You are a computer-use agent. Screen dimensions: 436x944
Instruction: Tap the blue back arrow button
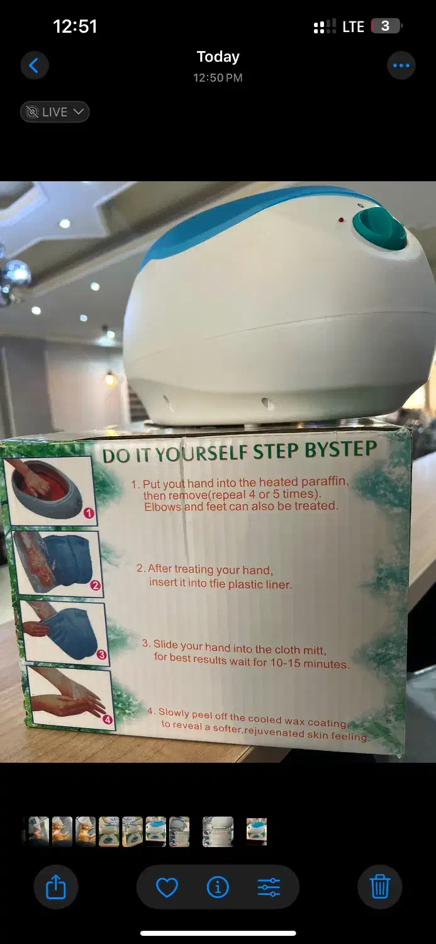(x=34, y=65)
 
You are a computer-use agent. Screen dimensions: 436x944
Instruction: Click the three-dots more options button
(x=401, y=65)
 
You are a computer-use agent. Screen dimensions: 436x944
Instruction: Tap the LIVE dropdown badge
(x=55, y=111)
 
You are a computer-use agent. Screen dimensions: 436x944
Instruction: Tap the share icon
(x=55, y=887)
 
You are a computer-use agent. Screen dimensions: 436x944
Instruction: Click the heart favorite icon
(x=167, y=887)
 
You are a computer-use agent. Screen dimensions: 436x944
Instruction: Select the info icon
(x=218, y=887)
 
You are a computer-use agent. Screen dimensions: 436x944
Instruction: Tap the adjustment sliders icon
(x=269, y=887)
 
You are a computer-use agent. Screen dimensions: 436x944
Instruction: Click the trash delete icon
(x=379, y=887)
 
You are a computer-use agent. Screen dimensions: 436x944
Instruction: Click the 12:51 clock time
(x=75, y=26)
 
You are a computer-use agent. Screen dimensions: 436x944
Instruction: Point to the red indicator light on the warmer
(x=341, y=220)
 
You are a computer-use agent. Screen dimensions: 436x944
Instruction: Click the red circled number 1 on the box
(x=89, y=513)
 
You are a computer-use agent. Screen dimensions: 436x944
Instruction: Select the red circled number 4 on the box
(x=108, y=719)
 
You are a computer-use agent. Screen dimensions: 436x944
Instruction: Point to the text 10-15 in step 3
(x=285, y=662)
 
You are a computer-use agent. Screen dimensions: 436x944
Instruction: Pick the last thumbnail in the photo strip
(x=257, y=831)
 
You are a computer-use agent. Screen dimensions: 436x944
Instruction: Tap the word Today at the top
(x=218, y=57)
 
